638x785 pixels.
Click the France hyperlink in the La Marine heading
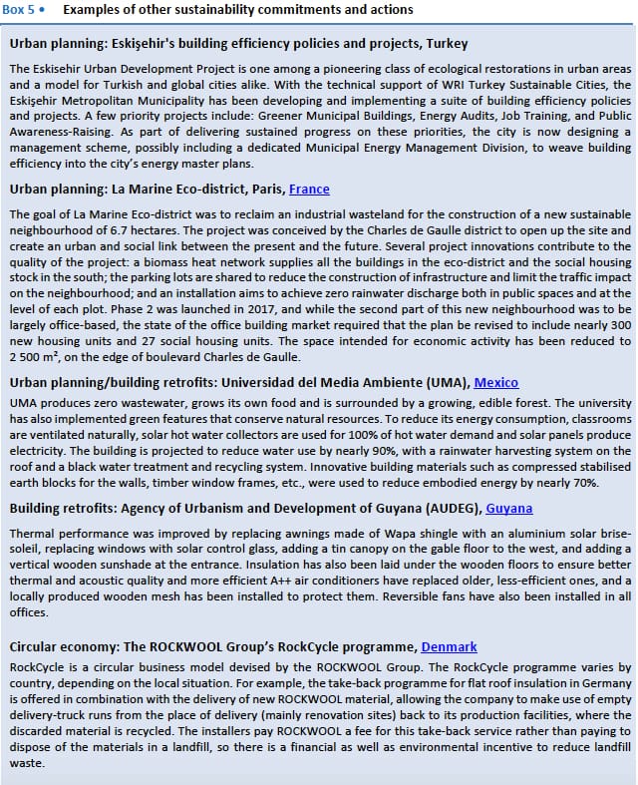(x=309, y=189)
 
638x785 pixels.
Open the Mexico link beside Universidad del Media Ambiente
(x=496, y=382)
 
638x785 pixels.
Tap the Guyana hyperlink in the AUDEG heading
(x=508, y=508)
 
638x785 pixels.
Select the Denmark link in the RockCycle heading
(x=449, y=646)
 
